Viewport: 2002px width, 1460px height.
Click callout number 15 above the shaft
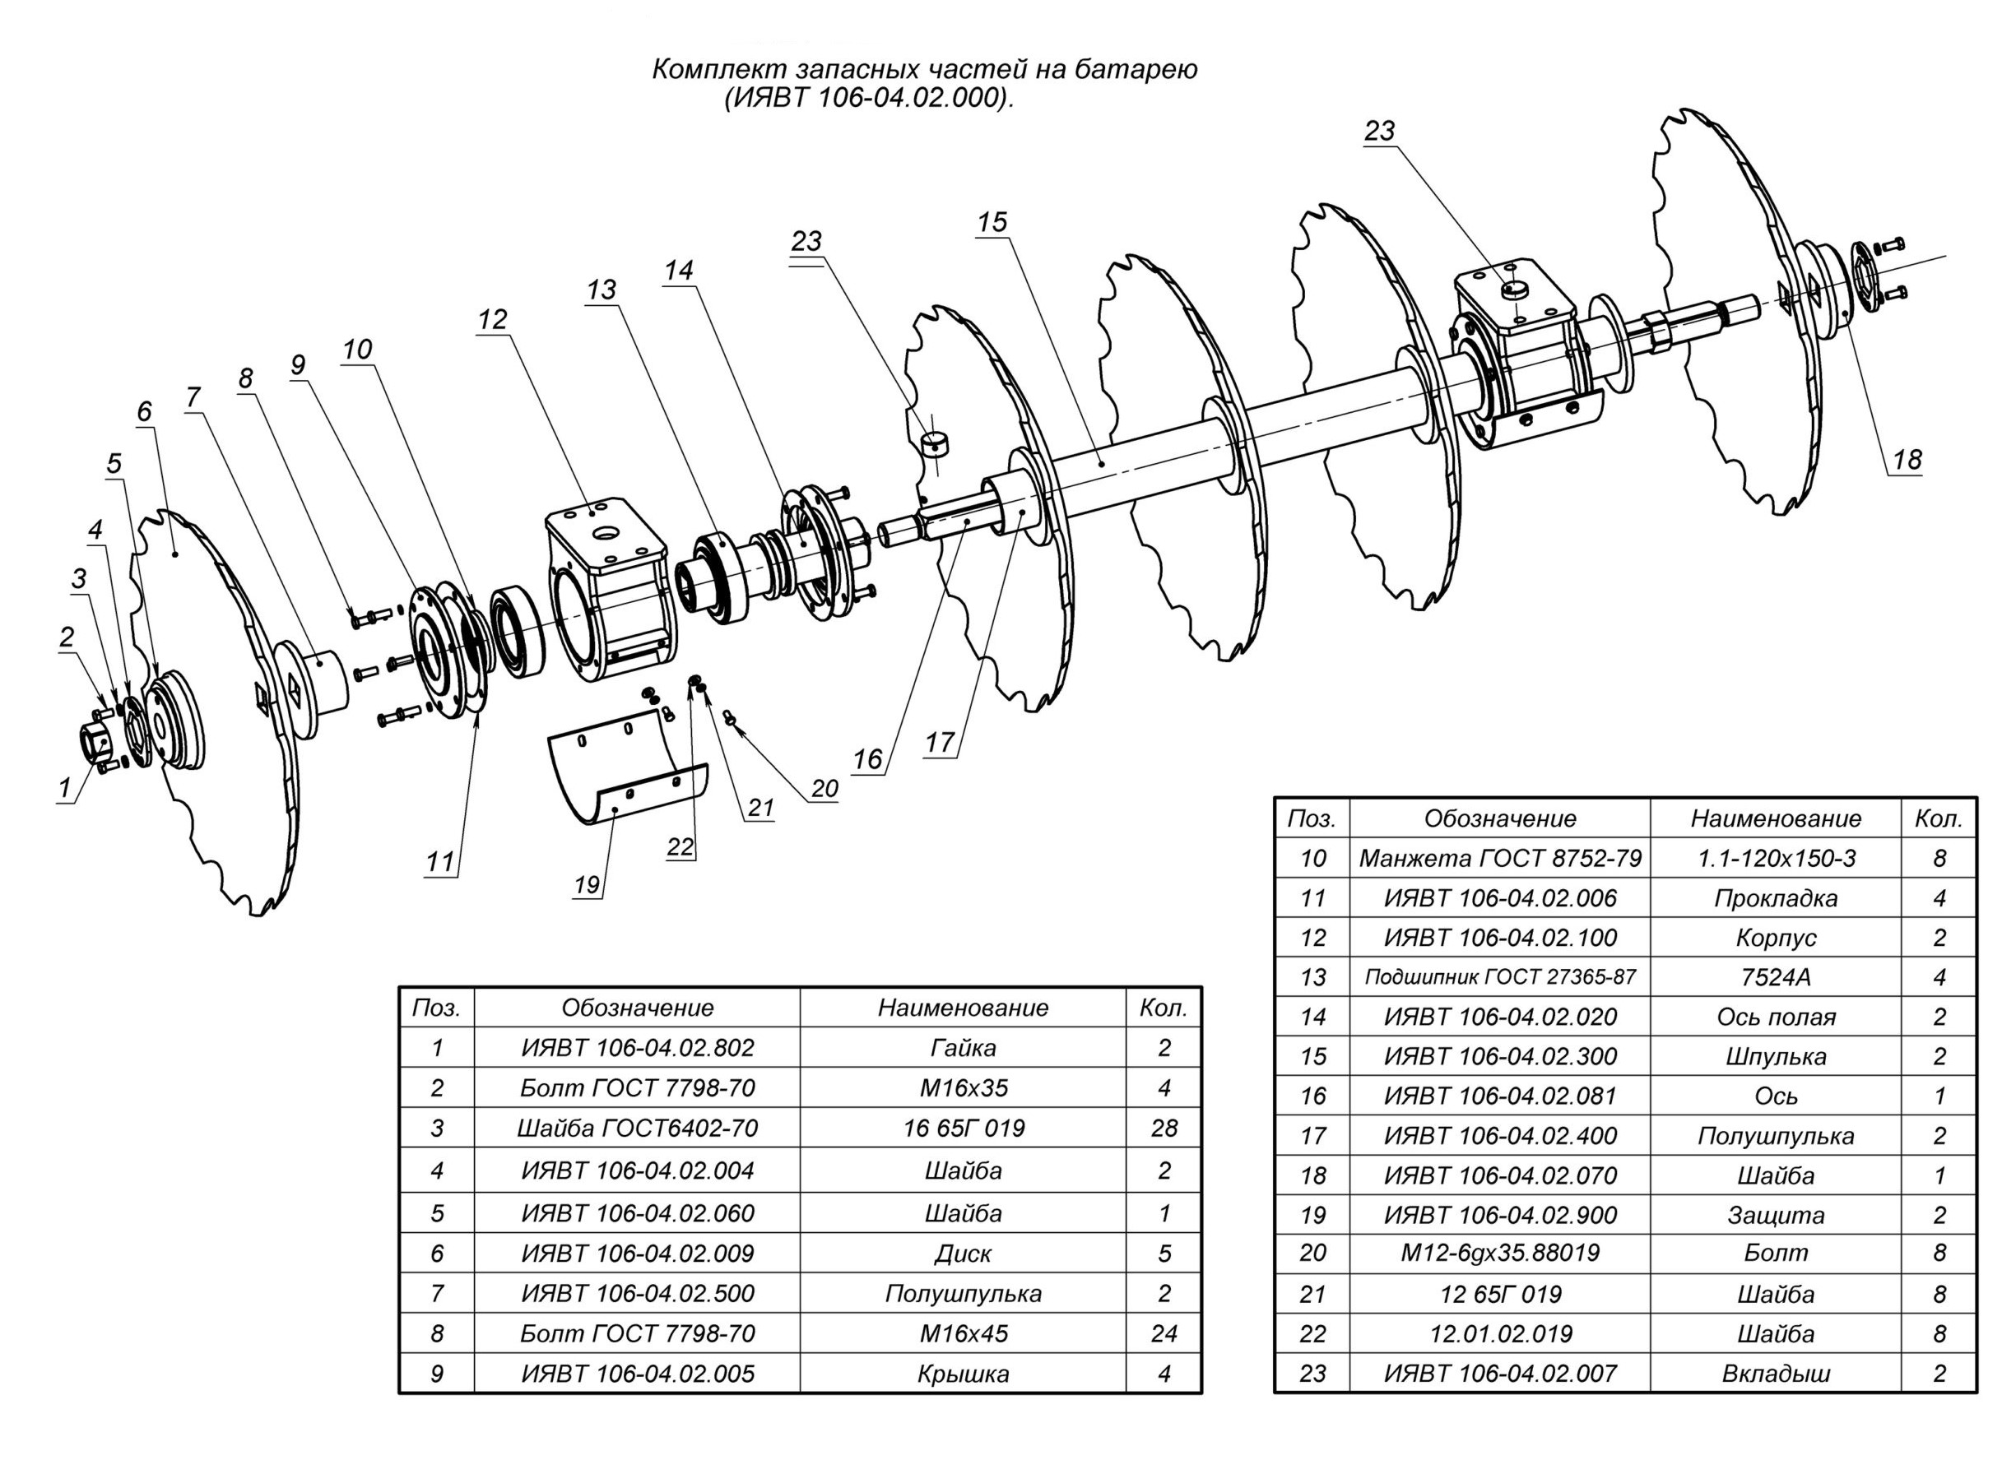pyautogui.click(x=992, y=222)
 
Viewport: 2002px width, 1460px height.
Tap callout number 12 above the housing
pyautogui.click(x=492, y=319)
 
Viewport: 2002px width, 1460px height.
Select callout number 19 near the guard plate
pyautogui.click(x=587, y=885)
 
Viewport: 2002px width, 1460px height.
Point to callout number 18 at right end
pyautogui.click(x=1907, y=460)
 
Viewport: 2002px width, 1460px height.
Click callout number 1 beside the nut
pyautogui.click(x=63, y=788)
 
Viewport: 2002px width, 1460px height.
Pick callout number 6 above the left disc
pyautogui.click(x=144, y=412)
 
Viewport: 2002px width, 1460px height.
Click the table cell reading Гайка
pyautogui.click(x=963, y=1047)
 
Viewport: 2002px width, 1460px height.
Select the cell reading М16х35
pyautogui.click(x=963, y=1087)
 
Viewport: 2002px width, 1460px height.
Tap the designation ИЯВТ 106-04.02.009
pyautogui.click(x=637, y=1254)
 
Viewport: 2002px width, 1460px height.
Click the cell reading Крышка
pyautogui.click(x=963, y=1374)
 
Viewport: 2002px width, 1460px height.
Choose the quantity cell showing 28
pyautogui.click(x=1164, y=1128)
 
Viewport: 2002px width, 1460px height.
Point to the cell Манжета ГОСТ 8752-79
pyautogui.click(x=1499, y=858)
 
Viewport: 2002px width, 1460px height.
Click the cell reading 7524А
pyautogui.click(x=1775, y=976)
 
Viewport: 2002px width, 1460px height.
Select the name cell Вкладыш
pyautogui.click(x=1775, y=1374)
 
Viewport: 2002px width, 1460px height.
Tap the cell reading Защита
pyautogui.click(x=1775, y=1215)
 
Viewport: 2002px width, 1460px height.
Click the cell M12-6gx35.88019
pyautogui.click(x=1499, y=1253)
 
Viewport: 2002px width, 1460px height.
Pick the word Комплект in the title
pyautogui.click(x=711, y=70)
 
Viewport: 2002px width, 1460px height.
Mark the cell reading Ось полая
pyautogui.click(x=1775, y=1017)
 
